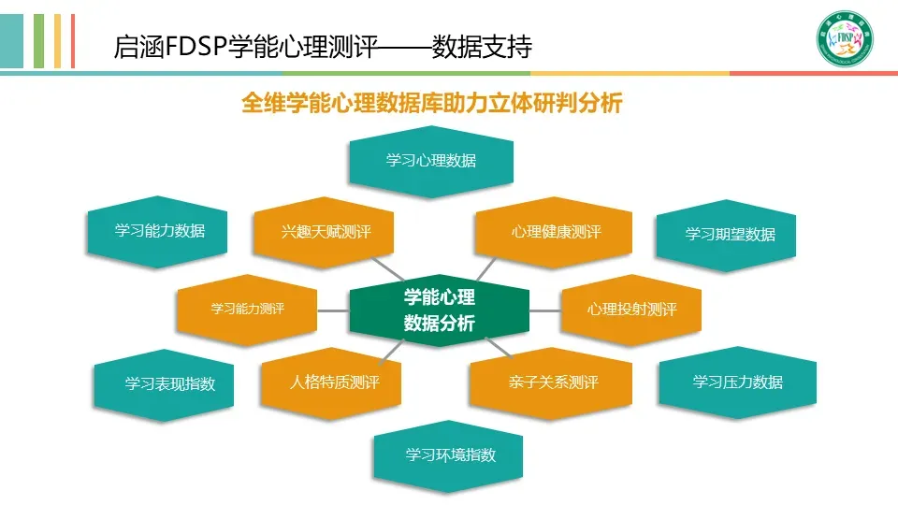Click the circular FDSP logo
point(845,38)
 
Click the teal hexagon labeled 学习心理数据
point(430,162)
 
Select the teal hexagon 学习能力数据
point(157,231)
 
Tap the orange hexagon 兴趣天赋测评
point(324,232)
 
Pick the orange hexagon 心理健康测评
point(553,232)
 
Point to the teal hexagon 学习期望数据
point(726,235)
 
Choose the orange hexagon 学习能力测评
point(247,310)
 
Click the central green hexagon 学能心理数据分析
point(440,310)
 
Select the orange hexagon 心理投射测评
point(631,310)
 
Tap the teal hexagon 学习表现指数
point(164,384)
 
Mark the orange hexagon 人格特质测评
point(330,383)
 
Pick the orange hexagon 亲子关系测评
point(551,383)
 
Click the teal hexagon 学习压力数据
point(738,382)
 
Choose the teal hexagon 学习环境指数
point(448,456)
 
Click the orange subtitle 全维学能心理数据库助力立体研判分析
point(432,103)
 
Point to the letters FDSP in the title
point(196,47)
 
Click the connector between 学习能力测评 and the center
point(333,310)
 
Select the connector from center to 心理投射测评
point(545,310)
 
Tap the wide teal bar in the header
point(11,41)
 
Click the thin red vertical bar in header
point(73,41)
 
